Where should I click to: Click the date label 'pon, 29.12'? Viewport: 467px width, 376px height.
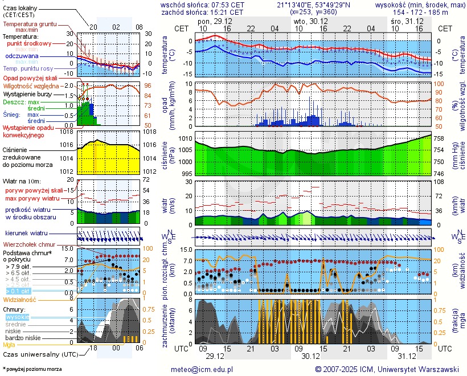215,21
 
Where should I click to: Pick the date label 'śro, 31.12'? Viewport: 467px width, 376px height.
407,21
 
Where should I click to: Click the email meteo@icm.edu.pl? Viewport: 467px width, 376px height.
202,369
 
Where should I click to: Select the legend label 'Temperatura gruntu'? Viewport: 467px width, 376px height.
30,24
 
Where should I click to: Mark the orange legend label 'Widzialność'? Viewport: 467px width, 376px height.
20,299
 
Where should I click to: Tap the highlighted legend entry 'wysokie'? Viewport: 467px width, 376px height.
17,317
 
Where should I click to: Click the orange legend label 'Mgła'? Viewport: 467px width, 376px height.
9,345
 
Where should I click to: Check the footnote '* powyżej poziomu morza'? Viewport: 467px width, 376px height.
32,369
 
